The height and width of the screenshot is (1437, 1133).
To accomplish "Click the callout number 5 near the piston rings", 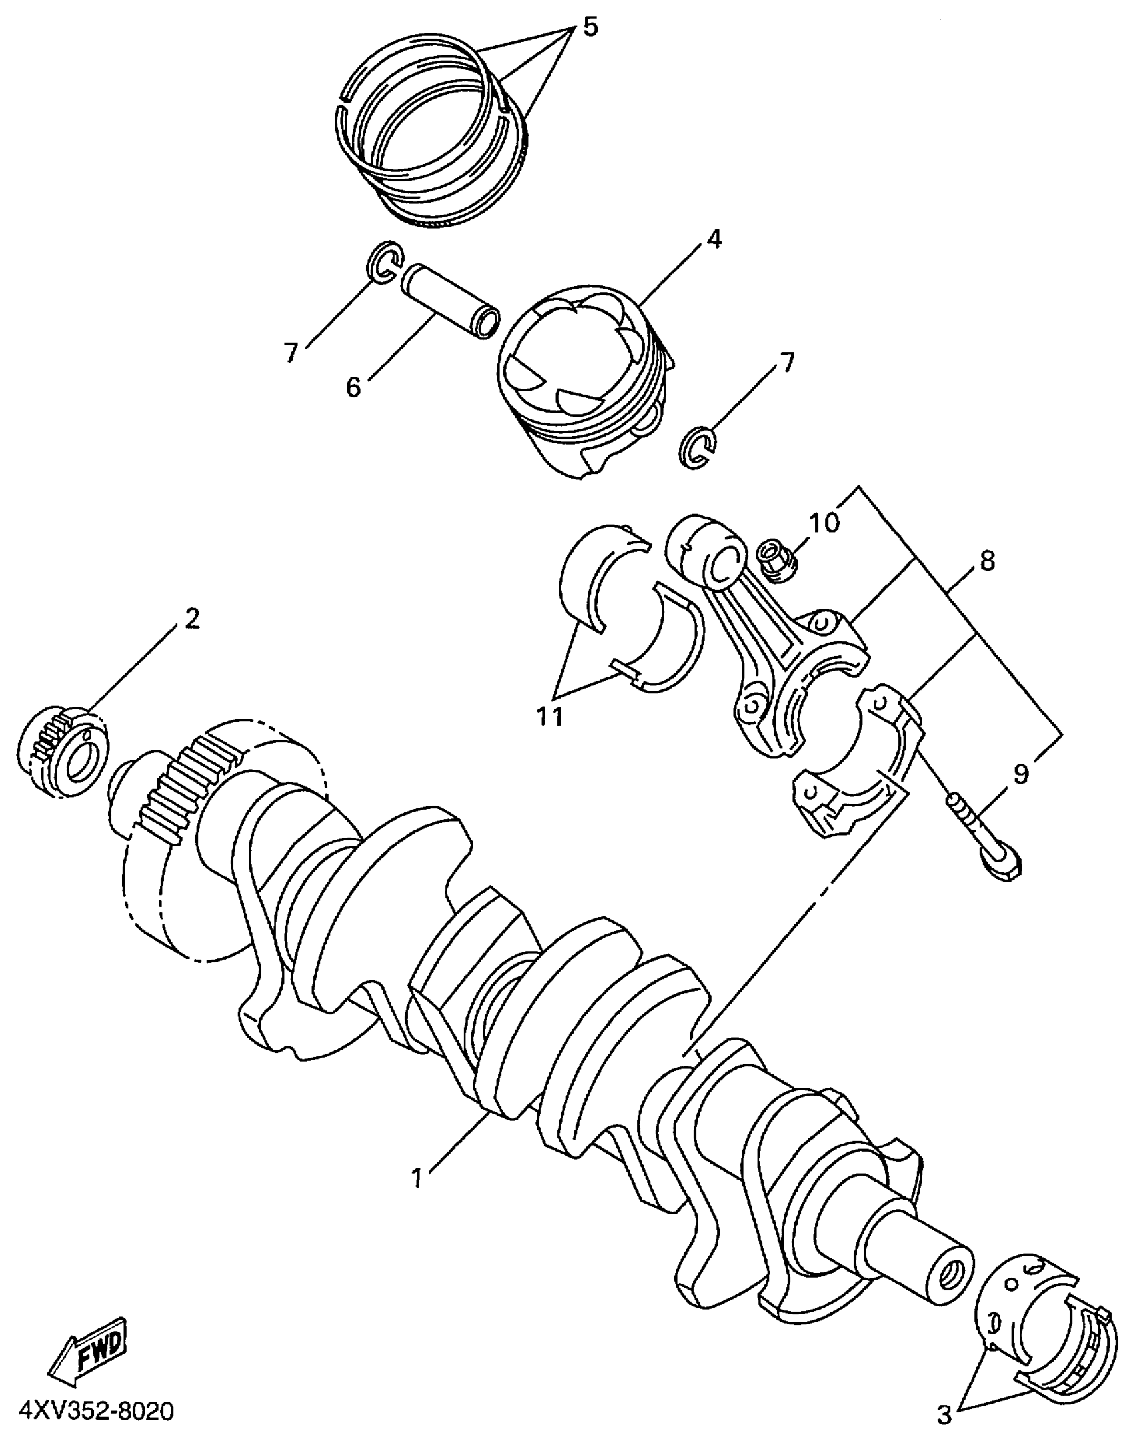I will [x=590, y=27].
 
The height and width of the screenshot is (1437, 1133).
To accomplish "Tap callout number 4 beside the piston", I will [x=714, y=239].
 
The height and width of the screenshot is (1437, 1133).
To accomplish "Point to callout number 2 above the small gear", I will [x=192, y=619].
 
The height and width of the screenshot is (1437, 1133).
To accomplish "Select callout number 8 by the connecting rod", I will [x=987, y=561].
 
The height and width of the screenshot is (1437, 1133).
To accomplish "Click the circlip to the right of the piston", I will [x=697, y=451].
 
